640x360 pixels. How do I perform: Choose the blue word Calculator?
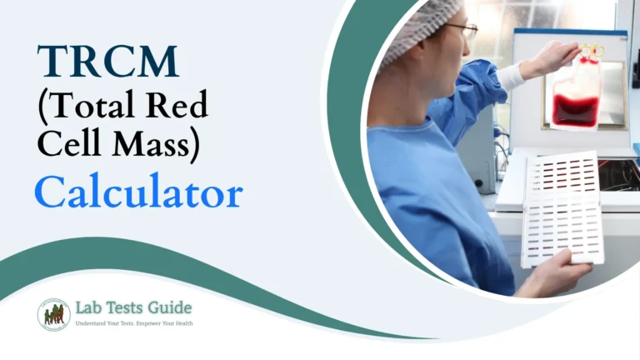pos(138,193)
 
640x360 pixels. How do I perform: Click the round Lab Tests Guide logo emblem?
pos(53,314)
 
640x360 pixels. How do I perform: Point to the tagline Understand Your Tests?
pos(105,322)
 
